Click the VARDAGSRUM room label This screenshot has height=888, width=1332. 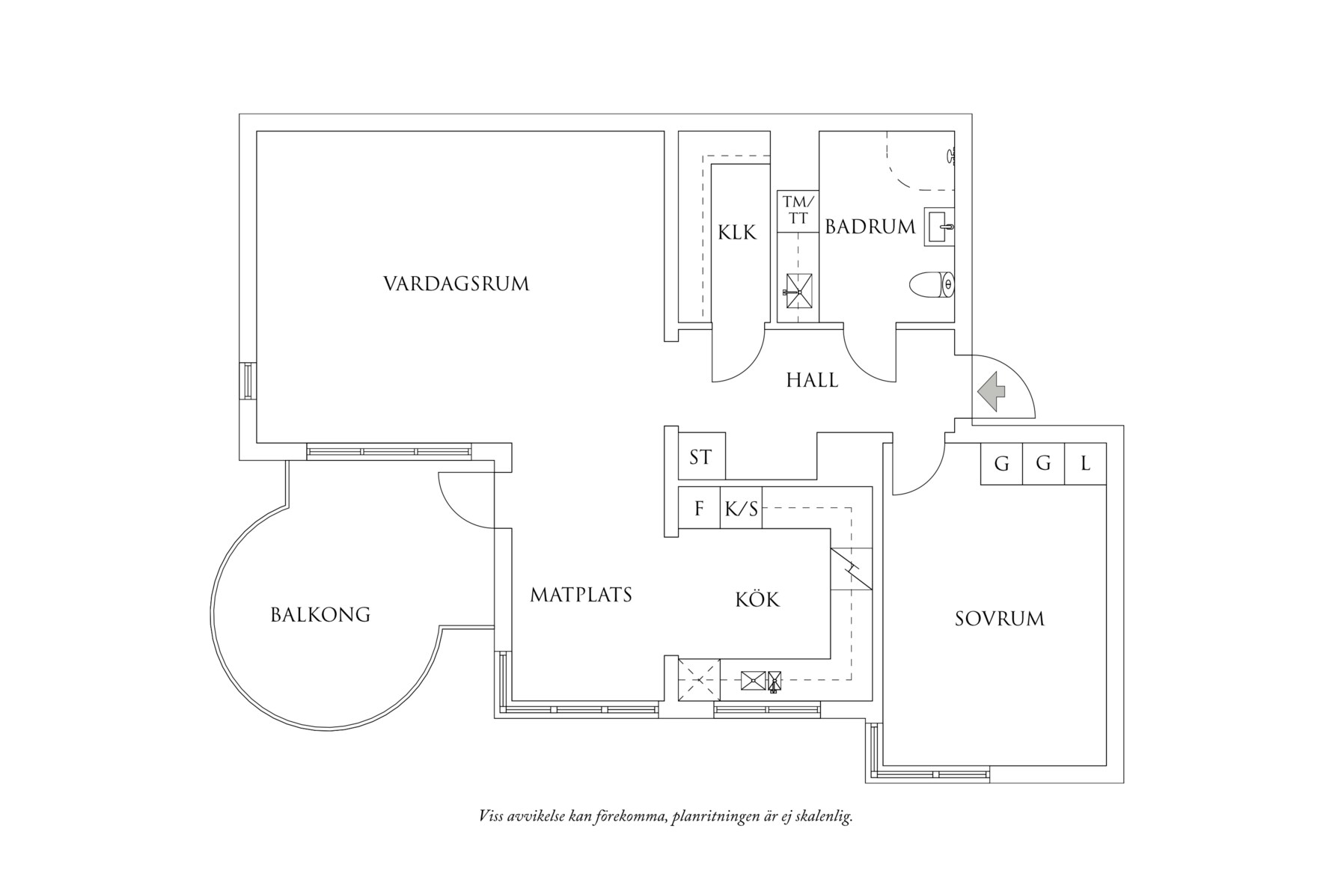tap(456, 284)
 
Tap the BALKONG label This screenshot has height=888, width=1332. tap(320, 615)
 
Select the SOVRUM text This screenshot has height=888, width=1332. tap(1000, 619)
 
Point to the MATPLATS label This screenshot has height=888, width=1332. tap(581, 595)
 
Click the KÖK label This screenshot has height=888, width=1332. tap(757, 599)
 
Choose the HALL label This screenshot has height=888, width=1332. tap(812, 380)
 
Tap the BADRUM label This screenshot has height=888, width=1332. tap(870, 227)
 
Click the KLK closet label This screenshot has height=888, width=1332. tap(737, 233)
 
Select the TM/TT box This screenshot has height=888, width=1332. tap(798, 210)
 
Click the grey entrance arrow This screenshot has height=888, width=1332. tap(992, 391)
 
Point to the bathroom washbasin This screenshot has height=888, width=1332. tap(940, 226)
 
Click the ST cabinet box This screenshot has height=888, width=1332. tap(701, 456)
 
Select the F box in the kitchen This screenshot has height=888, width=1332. tap(699, 509)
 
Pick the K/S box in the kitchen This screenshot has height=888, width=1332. tap(741, 509)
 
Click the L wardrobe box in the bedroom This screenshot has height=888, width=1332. tap(1085, 464)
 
